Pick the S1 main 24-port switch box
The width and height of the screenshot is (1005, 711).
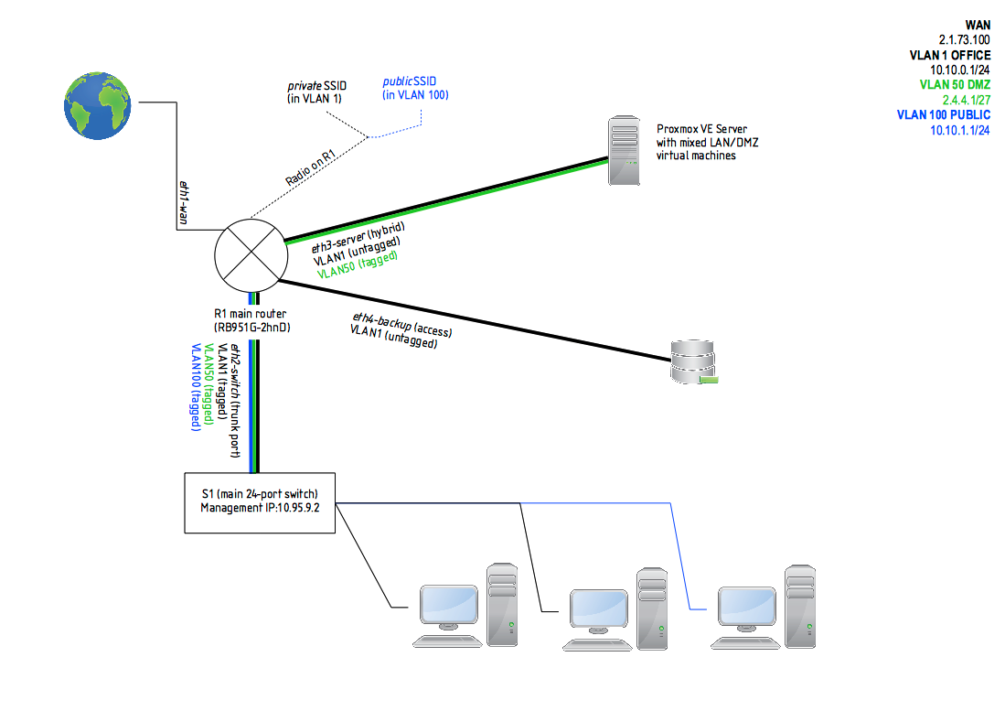point(260,501)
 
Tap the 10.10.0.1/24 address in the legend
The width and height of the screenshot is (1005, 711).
point(960,70)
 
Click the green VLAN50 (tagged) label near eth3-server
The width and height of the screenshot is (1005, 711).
point(358,265)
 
